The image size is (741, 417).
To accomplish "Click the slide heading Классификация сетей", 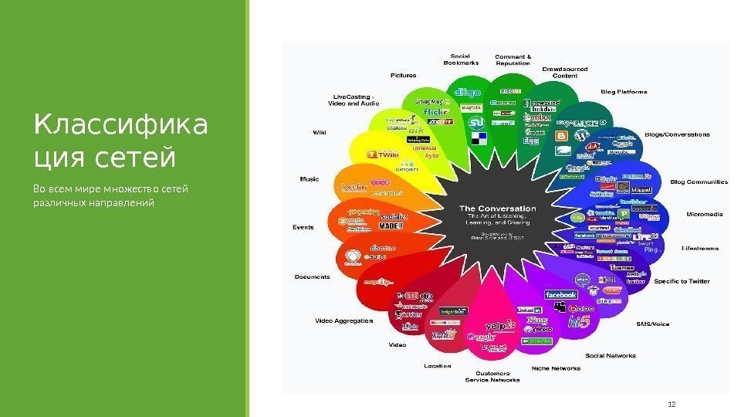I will [x=121, y=141].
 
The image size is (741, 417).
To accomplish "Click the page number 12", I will [x=670, y=403].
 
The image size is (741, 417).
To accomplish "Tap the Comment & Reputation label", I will [x=513, y=59].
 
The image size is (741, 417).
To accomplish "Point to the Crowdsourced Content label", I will [x=564, y=73].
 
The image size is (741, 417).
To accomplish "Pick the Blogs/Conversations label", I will [x=677, y=134].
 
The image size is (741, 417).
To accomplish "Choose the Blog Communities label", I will [x=699, y=182].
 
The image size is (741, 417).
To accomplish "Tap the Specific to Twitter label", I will [x=682, y=282].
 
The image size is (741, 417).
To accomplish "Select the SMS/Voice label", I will [x=652, y=324].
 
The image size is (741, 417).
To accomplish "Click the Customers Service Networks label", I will [x=492, y=377].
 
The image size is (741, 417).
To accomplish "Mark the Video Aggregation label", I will [x=343, y=320].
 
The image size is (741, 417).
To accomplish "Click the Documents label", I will [x=312, y=276].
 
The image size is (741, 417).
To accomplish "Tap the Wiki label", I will [x=319, y=133].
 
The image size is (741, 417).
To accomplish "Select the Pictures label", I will [x=403, y=76].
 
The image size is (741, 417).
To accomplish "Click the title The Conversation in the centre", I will [x=497, y=208].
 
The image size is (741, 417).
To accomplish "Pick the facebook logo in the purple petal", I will [x=561, y=295].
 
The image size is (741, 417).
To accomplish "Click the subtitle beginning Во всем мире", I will [x=110, y=195].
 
